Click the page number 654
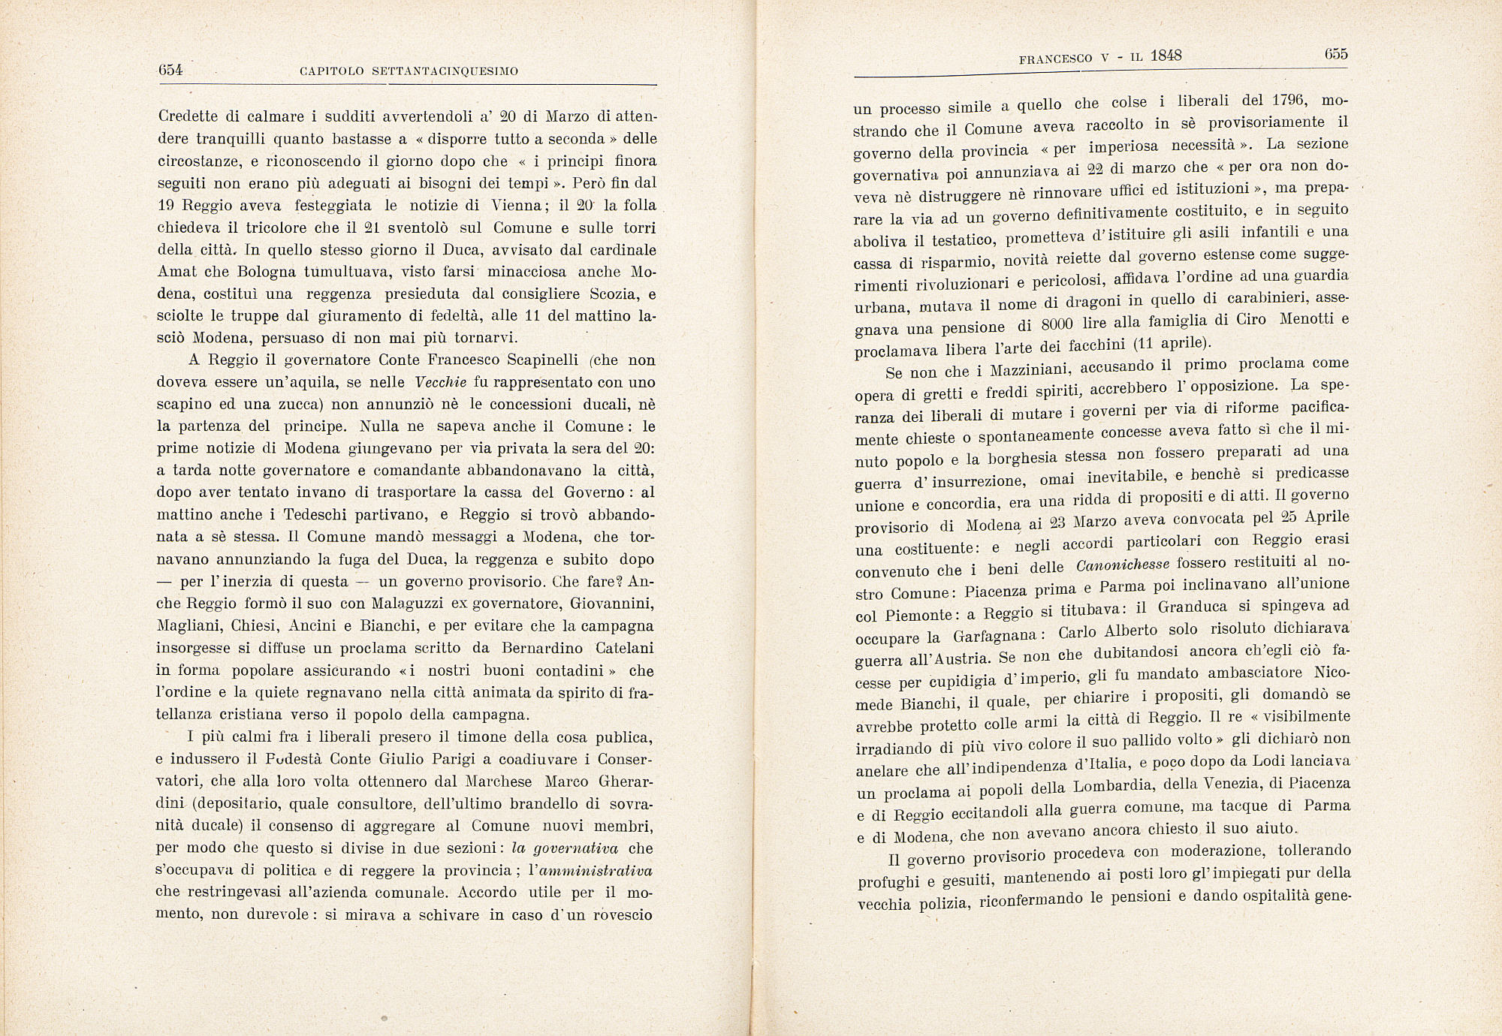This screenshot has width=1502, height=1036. (x=171, y=71)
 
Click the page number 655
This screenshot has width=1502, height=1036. (x=1336, y=54)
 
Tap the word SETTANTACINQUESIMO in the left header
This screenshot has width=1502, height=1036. (x=443, y=71)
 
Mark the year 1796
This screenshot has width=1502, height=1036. (x=1292, y=101)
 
